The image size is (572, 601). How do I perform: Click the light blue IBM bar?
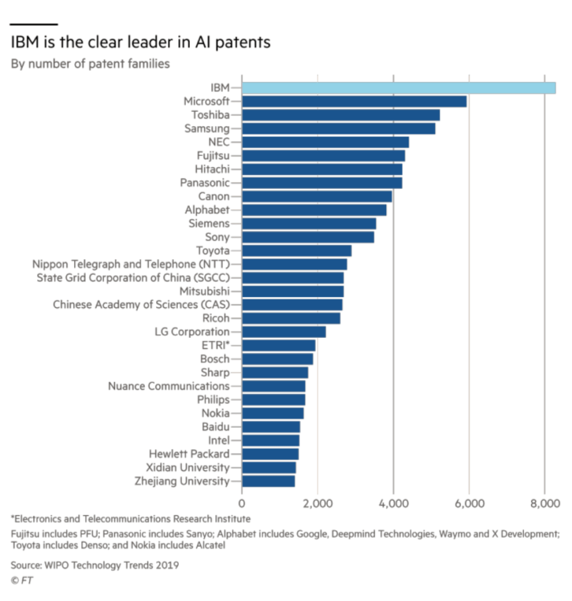coord(398,88)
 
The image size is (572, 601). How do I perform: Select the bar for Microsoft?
coord(354,102)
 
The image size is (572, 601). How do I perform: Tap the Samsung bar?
coord(338,128)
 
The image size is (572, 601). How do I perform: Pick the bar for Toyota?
coord(296,250)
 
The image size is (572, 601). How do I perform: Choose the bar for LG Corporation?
coord(283,332)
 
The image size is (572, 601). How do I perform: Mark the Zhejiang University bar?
coord(268,481)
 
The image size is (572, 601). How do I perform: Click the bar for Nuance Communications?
coord(273,386)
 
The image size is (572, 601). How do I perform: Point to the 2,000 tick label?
coord(317,503)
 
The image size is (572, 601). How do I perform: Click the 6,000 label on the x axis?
coord(468,503)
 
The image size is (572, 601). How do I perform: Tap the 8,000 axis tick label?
coord(544,503)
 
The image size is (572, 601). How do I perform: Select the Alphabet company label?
coord(207,210)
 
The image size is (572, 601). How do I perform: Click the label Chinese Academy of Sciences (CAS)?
coord(141,305)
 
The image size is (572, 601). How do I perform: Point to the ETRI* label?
coord(212,345)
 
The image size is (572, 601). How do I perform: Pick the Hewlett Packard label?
coord(189,454)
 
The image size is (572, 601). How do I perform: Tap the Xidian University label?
coord(187,467)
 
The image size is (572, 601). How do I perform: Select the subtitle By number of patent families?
coord(90,65)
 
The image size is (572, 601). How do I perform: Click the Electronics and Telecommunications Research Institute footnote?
coord(130,519)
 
